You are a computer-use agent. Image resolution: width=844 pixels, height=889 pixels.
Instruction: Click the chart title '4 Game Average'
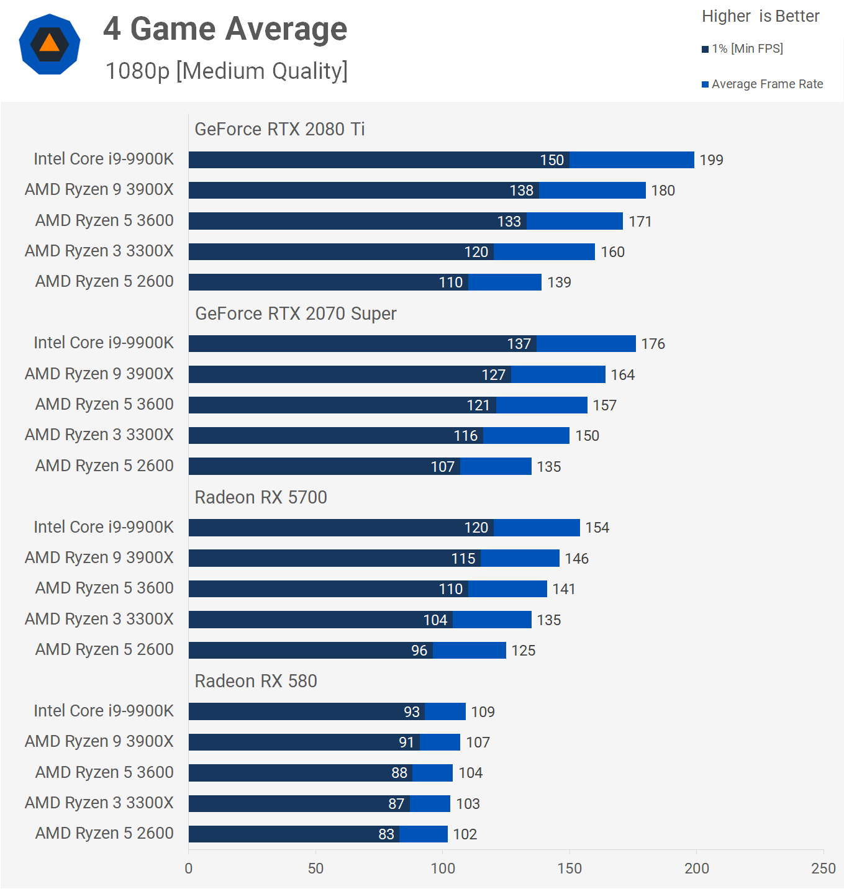(x=225, y=29)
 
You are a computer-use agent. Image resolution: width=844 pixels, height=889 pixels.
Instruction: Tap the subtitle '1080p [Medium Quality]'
(x=226, y=71)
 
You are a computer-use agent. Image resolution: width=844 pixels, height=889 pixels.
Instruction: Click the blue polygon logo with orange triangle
(x=50, y=44)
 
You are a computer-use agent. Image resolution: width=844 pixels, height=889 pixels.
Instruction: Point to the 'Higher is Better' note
(x=760, y=16)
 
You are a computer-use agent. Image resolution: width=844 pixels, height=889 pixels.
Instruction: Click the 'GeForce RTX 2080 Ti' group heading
(x=279, y=129)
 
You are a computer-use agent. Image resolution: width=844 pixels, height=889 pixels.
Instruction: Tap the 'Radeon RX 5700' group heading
(x=261, y=497)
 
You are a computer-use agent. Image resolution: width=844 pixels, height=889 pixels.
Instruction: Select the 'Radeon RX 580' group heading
(x=256, y=681)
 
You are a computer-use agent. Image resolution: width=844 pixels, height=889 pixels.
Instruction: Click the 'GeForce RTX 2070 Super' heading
(x=296, y=314)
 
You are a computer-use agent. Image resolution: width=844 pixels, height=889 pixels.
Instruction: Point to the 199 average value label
(x=711, y=160)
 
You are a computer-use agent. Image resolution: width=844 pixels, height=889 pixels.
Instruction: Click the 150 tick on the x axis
(x=569, y=869)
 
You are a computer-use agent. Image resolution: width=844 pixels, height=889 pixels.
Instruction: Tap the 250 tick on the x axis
(x=823, y=869)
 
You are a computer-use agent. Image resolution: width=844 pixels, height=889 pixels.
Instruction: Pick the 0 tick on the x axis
(x=189, y=869)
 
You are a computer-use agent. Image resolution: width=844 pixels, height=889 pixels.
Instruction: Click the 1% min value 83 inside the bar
(x=386, y=834)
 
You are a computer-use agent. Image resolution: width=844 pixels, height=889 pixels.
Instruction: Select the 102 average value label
(x=465, y=834)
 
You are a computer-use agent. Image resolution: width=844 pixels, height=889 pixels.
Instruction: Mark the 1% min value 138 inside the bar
(x=521, y=191)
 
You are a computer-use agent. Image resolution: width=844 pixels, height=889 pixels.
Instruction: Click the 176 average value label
(x=653, y=344)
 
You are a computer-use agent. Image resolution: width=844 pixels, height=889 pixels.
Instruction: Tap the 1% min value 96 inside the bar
(x=419, y=651)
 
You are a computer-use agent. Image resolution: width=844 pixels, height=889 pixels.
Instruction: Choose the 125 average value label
(x=523, y=651)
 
